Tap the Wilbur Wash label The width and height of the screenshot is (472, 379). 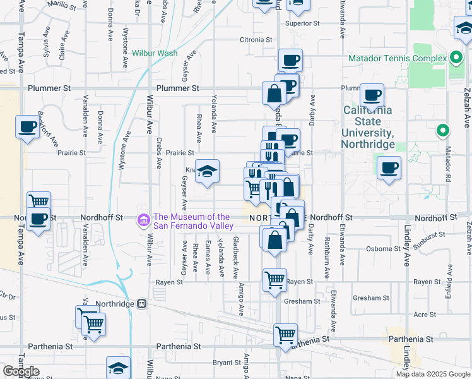(x=155, y=53)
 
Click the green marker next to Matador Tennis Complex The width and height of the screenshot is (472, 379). (x=456, y=59)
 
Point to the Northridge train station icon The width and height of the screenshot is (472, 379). (x=142, y=303)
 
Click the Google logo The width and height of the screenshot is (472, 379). (x=20, y=371)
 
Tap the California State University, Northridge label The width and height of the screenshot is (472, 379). (x=368, y=126)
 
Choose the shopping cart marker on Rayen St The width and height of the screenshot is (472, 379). (x=274, y=279)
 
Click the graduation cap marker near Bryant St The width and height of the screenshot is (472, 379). (x=118, y=368)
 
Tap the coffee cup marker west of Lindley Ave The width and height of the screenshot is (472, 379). (x=389, y=168)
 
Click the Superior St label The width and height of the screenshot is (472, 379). (x=302, y=23)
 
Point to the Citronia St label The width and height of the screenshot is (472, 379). (x=256, y=40)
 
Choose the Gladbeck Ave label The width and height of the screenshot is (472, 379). (x=236, y=258)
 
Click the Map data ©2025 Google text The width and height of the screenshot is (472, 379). (x=432, y=374)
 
